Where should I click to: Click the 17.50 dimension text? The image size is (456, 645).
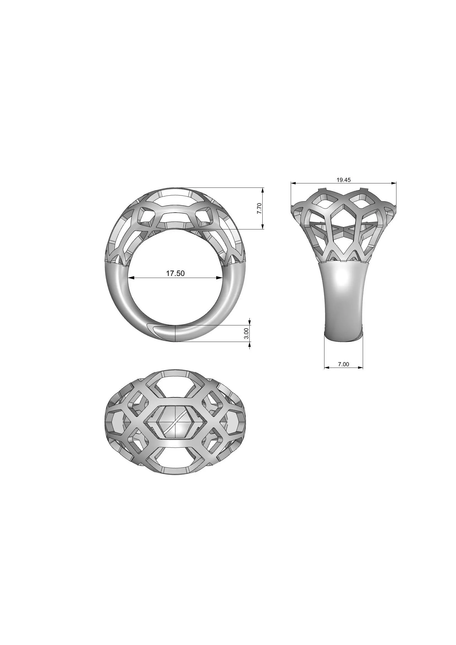click(x=175, y=273)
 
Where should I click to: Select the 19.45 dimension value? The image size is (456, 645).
click(x=344, y=180)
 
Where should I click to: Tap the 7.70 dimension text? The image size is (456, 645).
click(x=259, y=208)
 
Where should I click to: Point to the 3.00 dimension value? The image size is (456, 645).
click(x=246, y=333)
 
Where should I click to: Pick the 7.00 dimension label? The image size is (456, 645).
click(x=343, y=364)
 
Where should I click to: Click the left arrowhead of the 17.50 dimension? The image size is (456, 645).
click(x=131, y=278)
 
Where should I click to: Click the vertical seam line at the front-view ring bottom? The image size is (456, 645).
click(x=175, y=333)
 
